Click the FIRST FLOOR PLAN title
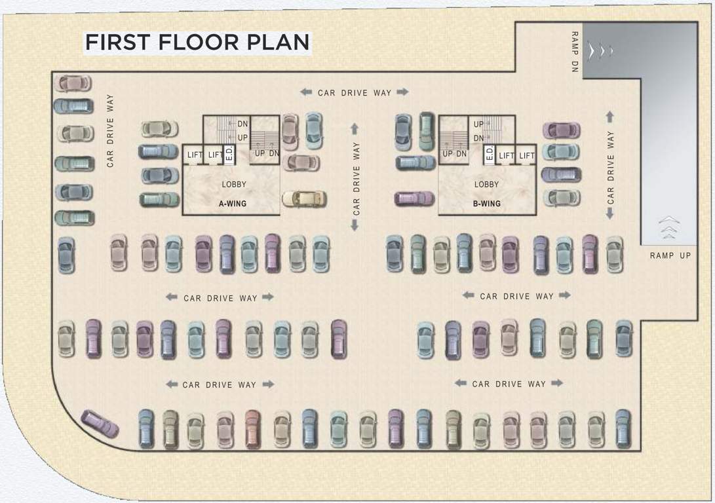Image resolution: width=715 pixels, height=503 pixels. pyautogui.click(x=197, y=42)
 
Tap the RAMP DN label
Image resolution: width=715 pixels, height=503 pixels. pyautogui.click(x=575, y=52)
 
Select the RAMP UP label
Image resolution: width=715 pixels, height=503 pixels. pyautogui.click(x=670, y=255)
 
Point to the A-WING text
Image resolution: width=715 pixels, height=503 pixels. pyautogui.click(x=233, y=204)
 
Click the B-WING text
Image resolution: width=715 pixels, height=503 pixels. pyautogui.click(x=486, y=204)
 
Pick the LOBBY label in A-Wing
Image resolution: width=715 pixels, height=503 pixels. pyautogui.click(x=234, y=185)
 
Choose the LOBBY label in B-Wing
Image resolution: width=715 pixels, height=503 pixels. pyautogui.click(x=486, y=185)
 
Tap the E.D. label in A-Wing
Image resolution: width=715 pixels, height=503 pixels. pyautogui.click(x=229, y=155)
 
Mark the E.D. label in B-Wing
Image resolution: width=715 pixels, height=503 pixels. pyautogui.click(x=490, y=155)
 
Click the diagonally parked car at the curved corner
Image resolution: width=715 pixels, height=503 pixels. pyautogui.click(x=100, y=424)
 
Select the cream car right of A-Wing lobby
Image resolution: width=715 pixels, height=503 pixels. pyautogui.click(x=304, y=198)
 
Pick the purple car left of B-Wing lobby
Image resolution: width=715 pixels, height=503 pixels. pyautogui.click(x=414, y=198)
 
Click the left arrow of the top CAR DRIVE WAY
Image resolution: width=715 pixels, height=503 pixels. pyautogui.click(x=306, y=92)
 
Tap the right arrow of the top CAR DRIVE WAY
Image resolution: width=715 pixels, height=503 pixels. pyautogui.click(x=402, y=92)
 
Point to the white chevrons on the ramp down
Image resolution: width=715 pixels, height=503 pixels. pyautogui.click(x=600, y=50)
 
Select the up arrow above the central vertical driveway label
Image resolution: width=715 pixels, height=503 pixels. pyautogui.click(x=355, y=128)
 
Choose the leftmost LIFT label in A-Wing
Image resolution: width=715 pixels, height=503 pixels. pyautogui.click(x=195, y=155)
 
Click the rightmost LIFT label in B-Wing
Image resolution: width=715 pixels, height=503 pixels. pyautogui.click(x=526, y=156)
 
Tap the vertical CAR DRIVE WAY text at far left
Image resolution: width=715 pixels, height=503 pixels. pyautogui.click(x=110, y=131)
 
